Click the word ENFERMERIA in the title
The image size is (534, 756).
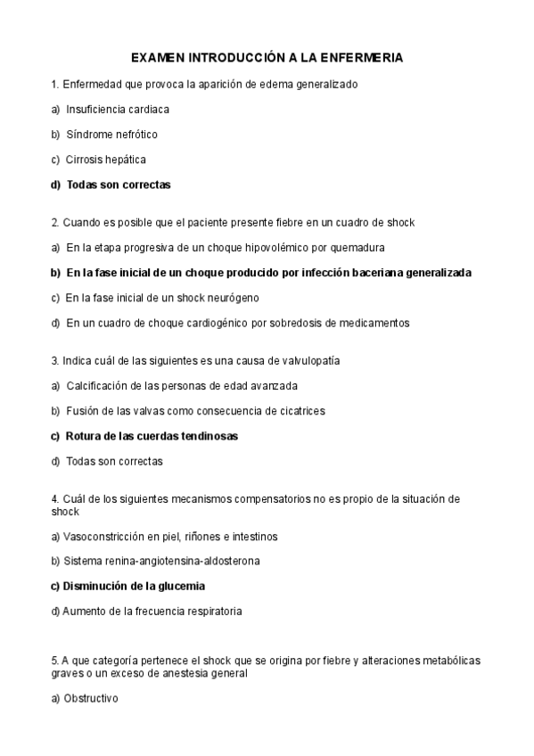pyautogui.click(x=360, y=58)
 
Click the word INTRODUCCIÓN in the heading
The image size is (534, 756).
pyautogui.click(x=229, y=58)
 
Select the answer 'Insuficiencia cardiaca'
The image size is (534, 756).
pyautogui.click(x=118, y=110)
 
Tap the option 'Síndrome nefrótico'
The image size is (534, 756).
pyautogui.click(x=111, y=135)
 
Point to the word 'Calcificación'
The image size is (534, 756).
pyautogui.click(x=98, y=386)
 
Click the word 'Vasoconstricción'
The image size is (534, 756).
pyautogui.click(x=102, y=537)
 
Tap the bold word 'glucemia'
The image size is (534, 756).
pyautogui.click(x=182, y=587)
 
